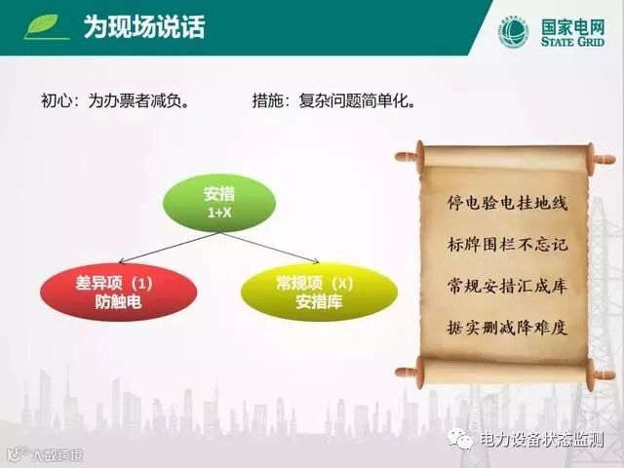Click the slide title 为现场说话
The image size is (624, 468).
click(x=144, y=27)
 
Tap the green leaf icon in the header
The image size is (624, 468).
click(x=45, y=26)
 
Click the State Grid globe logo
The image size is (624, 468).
click(x=515, y=32)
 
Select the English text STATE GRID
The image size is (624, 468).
click(x=572, y=41)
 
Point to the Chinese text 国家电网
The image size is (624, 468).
click(x=572, y=26)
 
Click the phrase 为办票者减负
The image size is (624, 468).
click(x=138, y=100)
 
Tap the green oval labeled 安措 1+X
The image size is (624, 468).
click(x=219, y=203)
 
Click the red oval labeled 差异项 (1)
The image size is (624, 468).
click(x=119, y=292)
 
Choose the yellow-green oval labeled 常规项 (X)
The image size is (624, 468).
click(x=319, y=292)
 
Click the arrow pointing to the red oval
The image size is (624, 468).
click(x=169, y=248)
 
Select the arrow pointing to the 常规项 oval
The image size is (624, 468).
click(x=269, y=248)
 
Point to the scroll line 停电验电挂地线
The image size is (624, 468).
click(x=507, y=203)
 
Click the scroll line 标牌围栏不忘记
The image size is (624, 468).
click(x=507, y=245)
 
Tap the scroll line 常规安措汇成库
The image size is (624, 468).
click(x=507, y=286)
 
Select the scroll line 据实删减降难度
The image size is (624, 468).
click(x=507, y=328)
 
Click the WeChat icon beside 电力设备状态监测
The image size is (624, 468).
click(x=460, y=439)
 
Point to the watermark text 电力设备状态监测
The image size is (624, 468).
click(x=542, y=440)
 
